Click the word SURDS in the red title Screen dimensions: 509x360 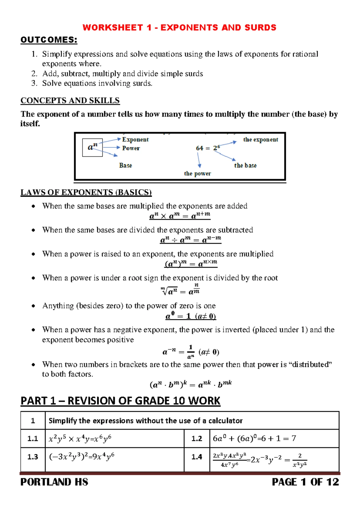tap(260, 28)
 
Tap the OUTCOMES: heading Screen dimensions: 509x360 tap(49, 40)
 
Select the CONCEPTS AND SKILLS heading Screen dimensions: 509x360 tap(70, 101)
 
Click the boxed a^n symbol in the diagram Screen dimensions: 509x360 tap(92, 147)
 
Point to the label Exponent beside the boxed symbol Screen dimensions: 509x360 tap(135, 140)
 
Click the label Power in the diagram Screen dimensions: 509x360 tap(131, 148)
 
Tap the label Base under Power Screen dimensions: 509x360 tap(125, 165)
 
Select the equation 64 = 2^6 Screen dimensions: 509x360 tap(208, 148)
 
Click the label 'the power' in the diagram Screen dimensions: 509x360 tap(197, 173)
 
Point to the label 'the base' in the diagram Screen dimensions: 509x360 tap(245, 165)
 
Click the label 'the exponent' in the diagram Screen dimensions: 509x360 tap(260, 140)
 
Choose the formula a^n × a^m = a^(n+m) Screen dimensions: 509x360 tap(180, 215)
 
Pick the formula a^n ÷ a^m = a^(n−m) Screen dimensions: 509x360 tap(190, 239)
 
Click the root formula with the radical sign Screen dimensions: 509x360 tap(180, 290)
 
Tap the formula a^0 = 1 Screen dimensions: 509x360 tap(190, 316)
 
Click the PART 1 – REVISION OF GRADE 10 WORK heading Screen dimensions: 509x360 tap(120, 401)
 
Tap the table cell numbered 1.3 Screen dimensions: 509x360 tap(33, 457)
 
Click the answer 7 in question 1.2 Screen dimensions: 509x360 tap(293, 438)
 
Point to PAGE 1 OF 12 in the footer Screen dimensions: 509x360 tap(305, 482)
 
